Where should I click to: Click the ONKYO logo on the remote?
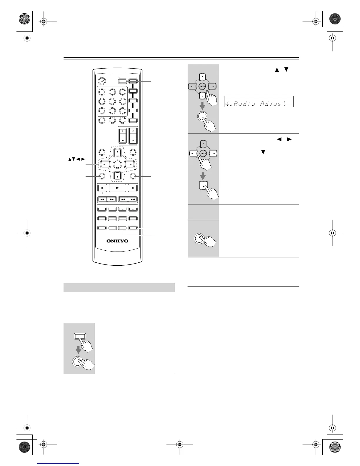pyautogui.click(x=117, y=241)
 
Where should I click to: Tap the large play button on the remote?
pyautogui.click(x=117, y=188)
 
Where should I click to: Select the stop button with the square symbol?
pyautogui.click(x=133, y=188)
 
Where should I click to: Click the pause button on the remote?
pyautogui.click(x=102, y=188)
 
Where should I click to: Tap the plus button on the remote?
pyautogui.click(x=123, y=131)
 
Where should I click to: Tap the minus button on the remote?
pyautogui.click(x=123, y=140)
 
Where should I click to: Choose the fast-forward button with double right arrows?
pyautogui.click(x=112, y=199)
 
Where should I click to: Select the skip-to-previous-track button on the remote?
pyautogui.click(x=123, y=199)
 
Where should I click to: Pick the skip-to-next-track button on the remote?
pyautogui.click(x=133, y=199)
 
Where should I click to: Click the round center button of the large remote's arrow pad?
pyautogui.click(x=117, y=164)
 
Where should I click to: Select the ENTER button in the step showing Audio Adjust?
pyautogui.click(x=202, y=86)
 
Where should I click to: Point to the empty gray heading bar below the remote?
pyautogui.click(x=119, y=288)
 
